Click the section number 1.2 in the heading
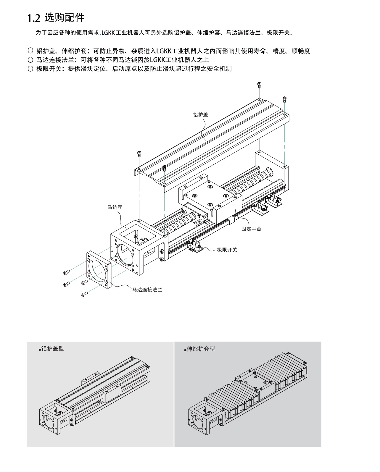tap(33, 18)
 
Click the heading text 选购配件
tap(65, 18)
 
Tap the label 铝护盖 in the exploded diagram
tap(200, 115)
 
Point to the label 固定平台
tap(251, 229)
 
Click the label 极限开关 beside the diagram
tap(227, 250)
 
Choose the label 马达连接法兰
tap(147, 290)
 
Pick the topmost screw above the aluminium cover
tap(259, 85)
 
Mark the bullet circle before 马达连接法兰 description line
tap(30, 59)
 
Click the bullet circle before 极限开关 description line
tap(30, 69)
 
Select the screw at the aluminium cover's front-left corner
tap(139, 154)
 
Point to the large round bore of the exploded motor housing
tap(125, 255)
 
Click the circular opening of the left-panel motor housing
tap(48, 420)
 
